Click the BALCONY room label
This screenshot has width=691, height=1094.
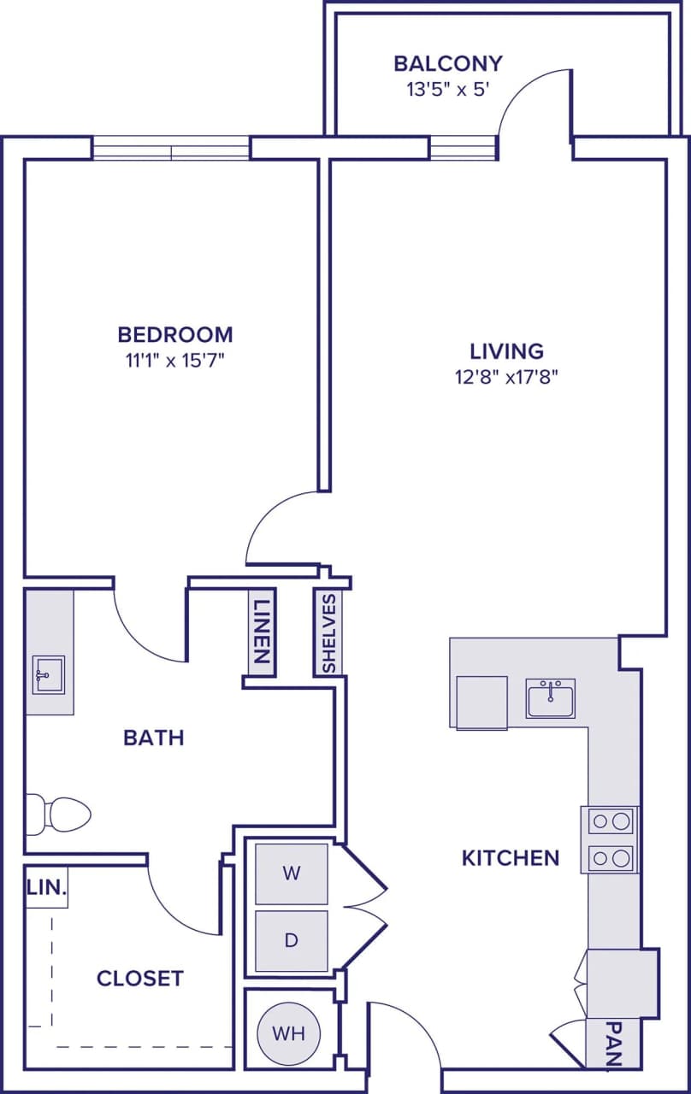tap(447, 63)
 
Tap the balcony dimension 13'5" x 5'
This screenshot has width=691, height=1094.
tap(447, 89)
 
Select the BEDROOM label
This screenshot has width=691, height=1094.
tap(175, 333)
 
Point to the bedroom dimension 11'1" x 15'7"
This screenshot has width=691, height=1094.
tap(175, 360)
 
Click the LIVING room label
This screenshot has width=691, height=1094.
tap(507, 350)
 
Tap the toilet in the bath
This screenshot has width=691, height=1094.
tap(60, 814)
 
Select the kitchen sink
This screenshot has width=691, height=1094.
tap(550, 698)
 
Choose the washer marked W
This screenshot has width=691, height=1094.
tap(292, 873)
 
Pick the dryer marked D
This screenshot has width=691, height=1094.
tap(292, 940)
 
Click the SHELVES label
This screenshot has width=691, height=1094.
tap(328, 632)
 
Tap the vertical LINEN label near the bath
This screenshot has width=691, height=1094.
tap(262, 632)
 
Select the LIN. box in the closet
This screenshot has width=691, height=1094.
tap(46, 888)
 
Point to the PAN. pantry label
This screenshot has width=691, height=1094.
tap(612, 1044)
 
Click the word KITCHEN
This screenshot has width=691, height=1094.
tap(511, 857)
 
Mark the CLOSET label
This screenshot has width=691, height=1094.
tap(140, 978)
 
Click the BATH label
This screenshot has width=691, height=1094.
tap(154, 737)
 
